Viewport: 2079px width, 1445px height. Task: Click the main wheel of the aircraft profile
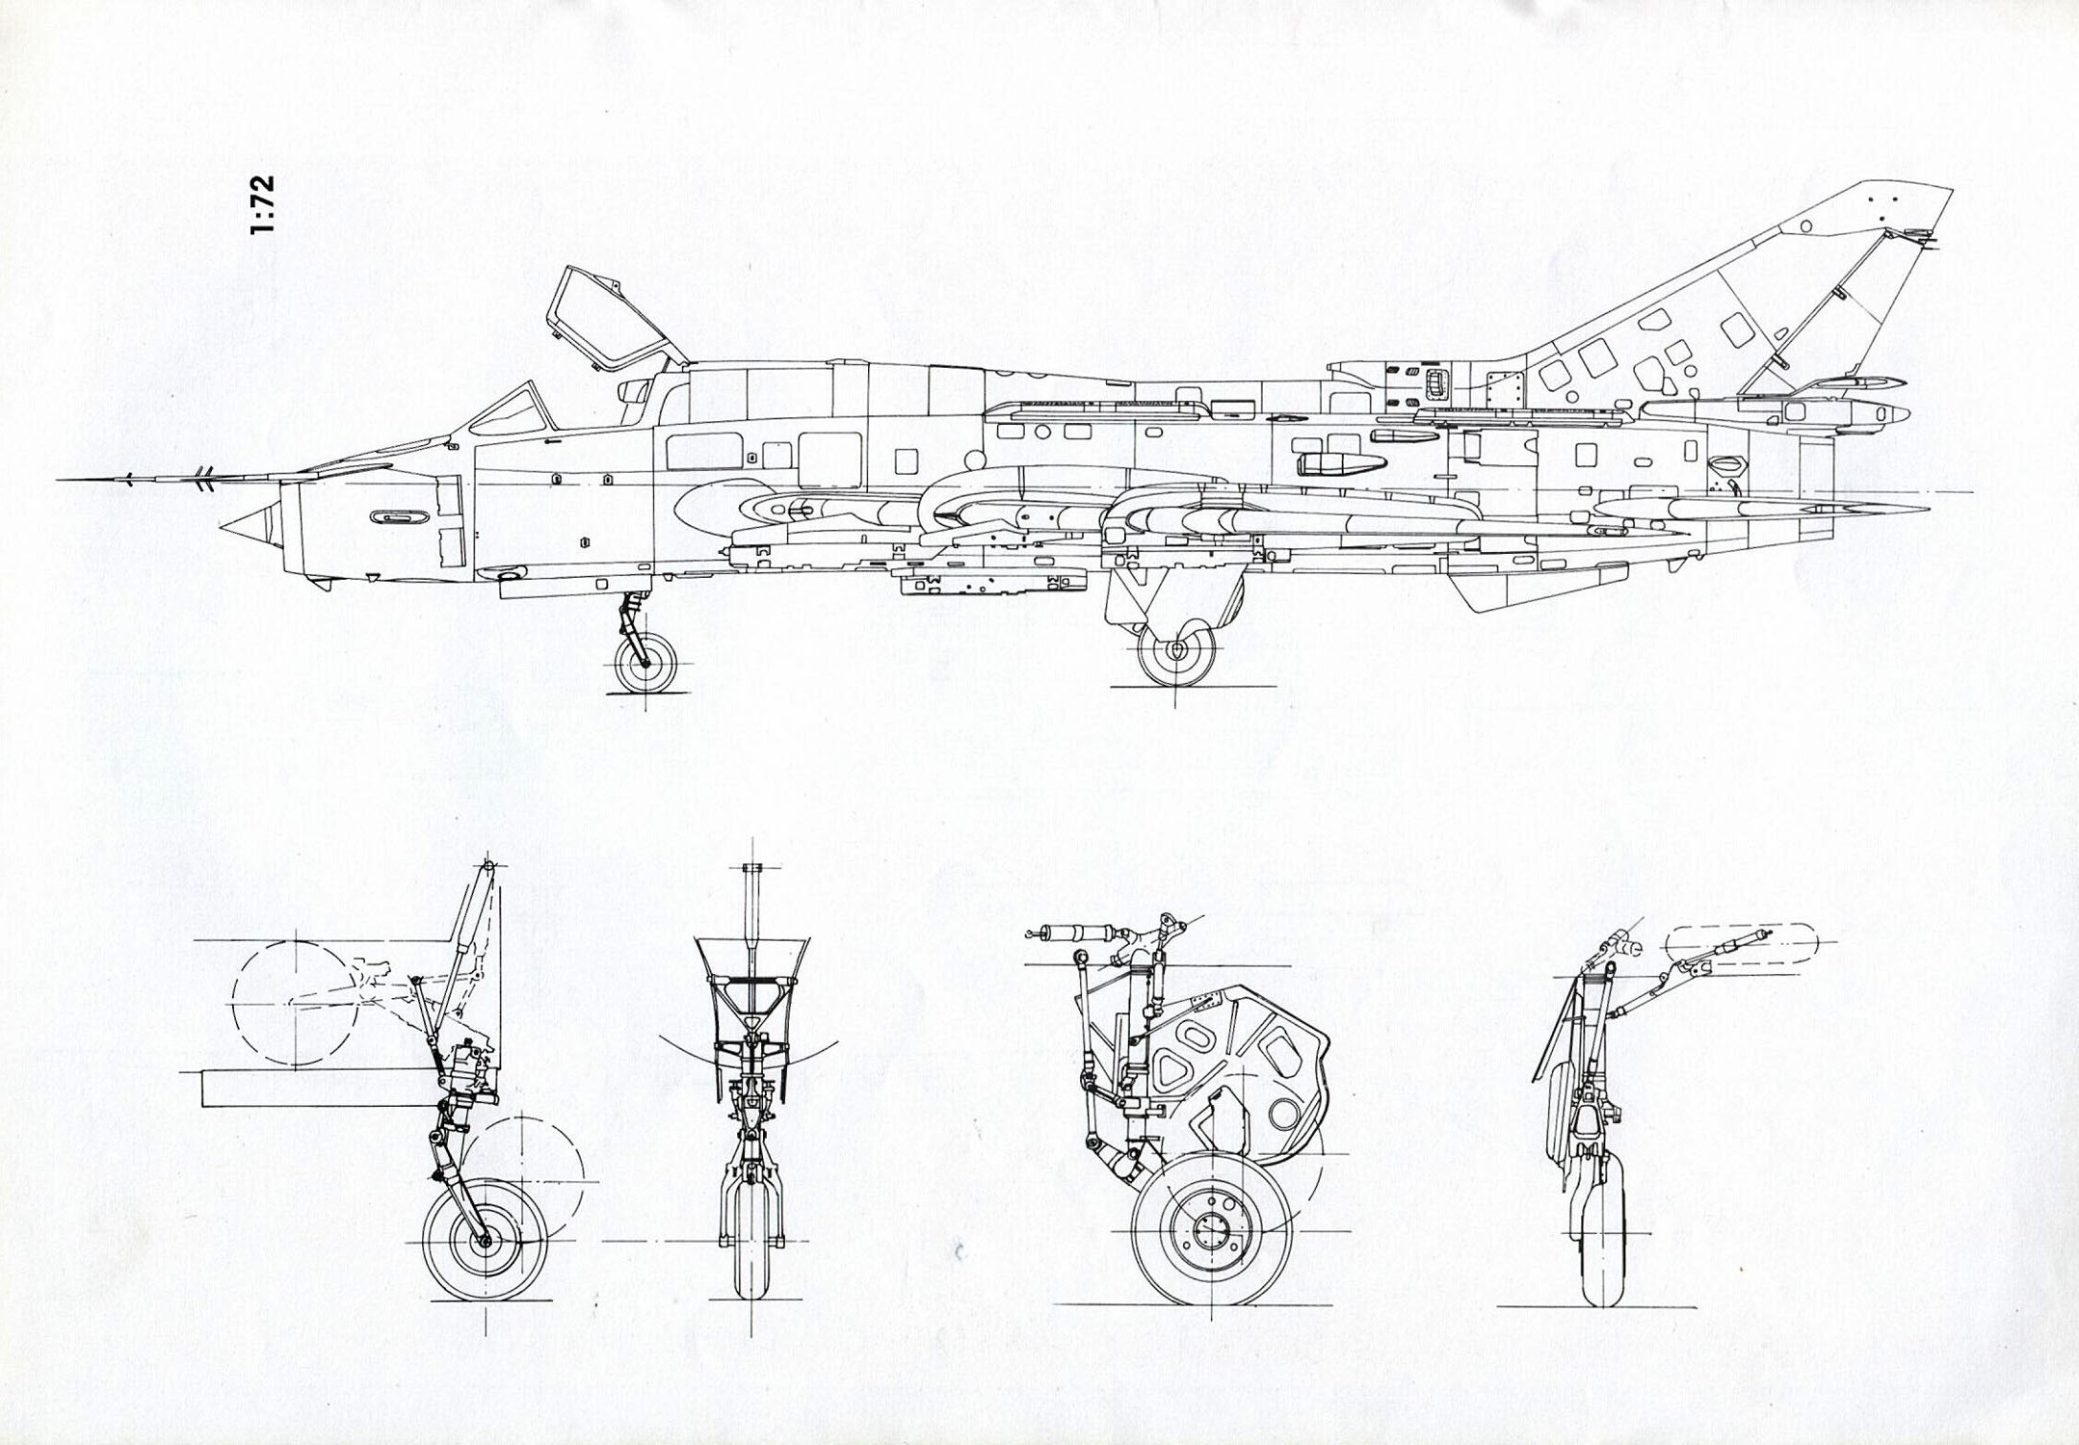[1176, 651]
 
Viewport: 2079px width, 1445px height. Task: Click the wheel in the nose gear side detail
[485, 1241]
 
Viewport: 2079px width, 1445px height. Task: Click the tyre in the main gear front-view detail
[1601, 1243]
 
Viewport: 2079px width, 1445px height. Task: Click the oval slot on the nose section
[399, 517]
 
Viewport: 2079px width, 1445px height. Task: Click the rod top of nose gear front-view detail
[752, 869]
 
